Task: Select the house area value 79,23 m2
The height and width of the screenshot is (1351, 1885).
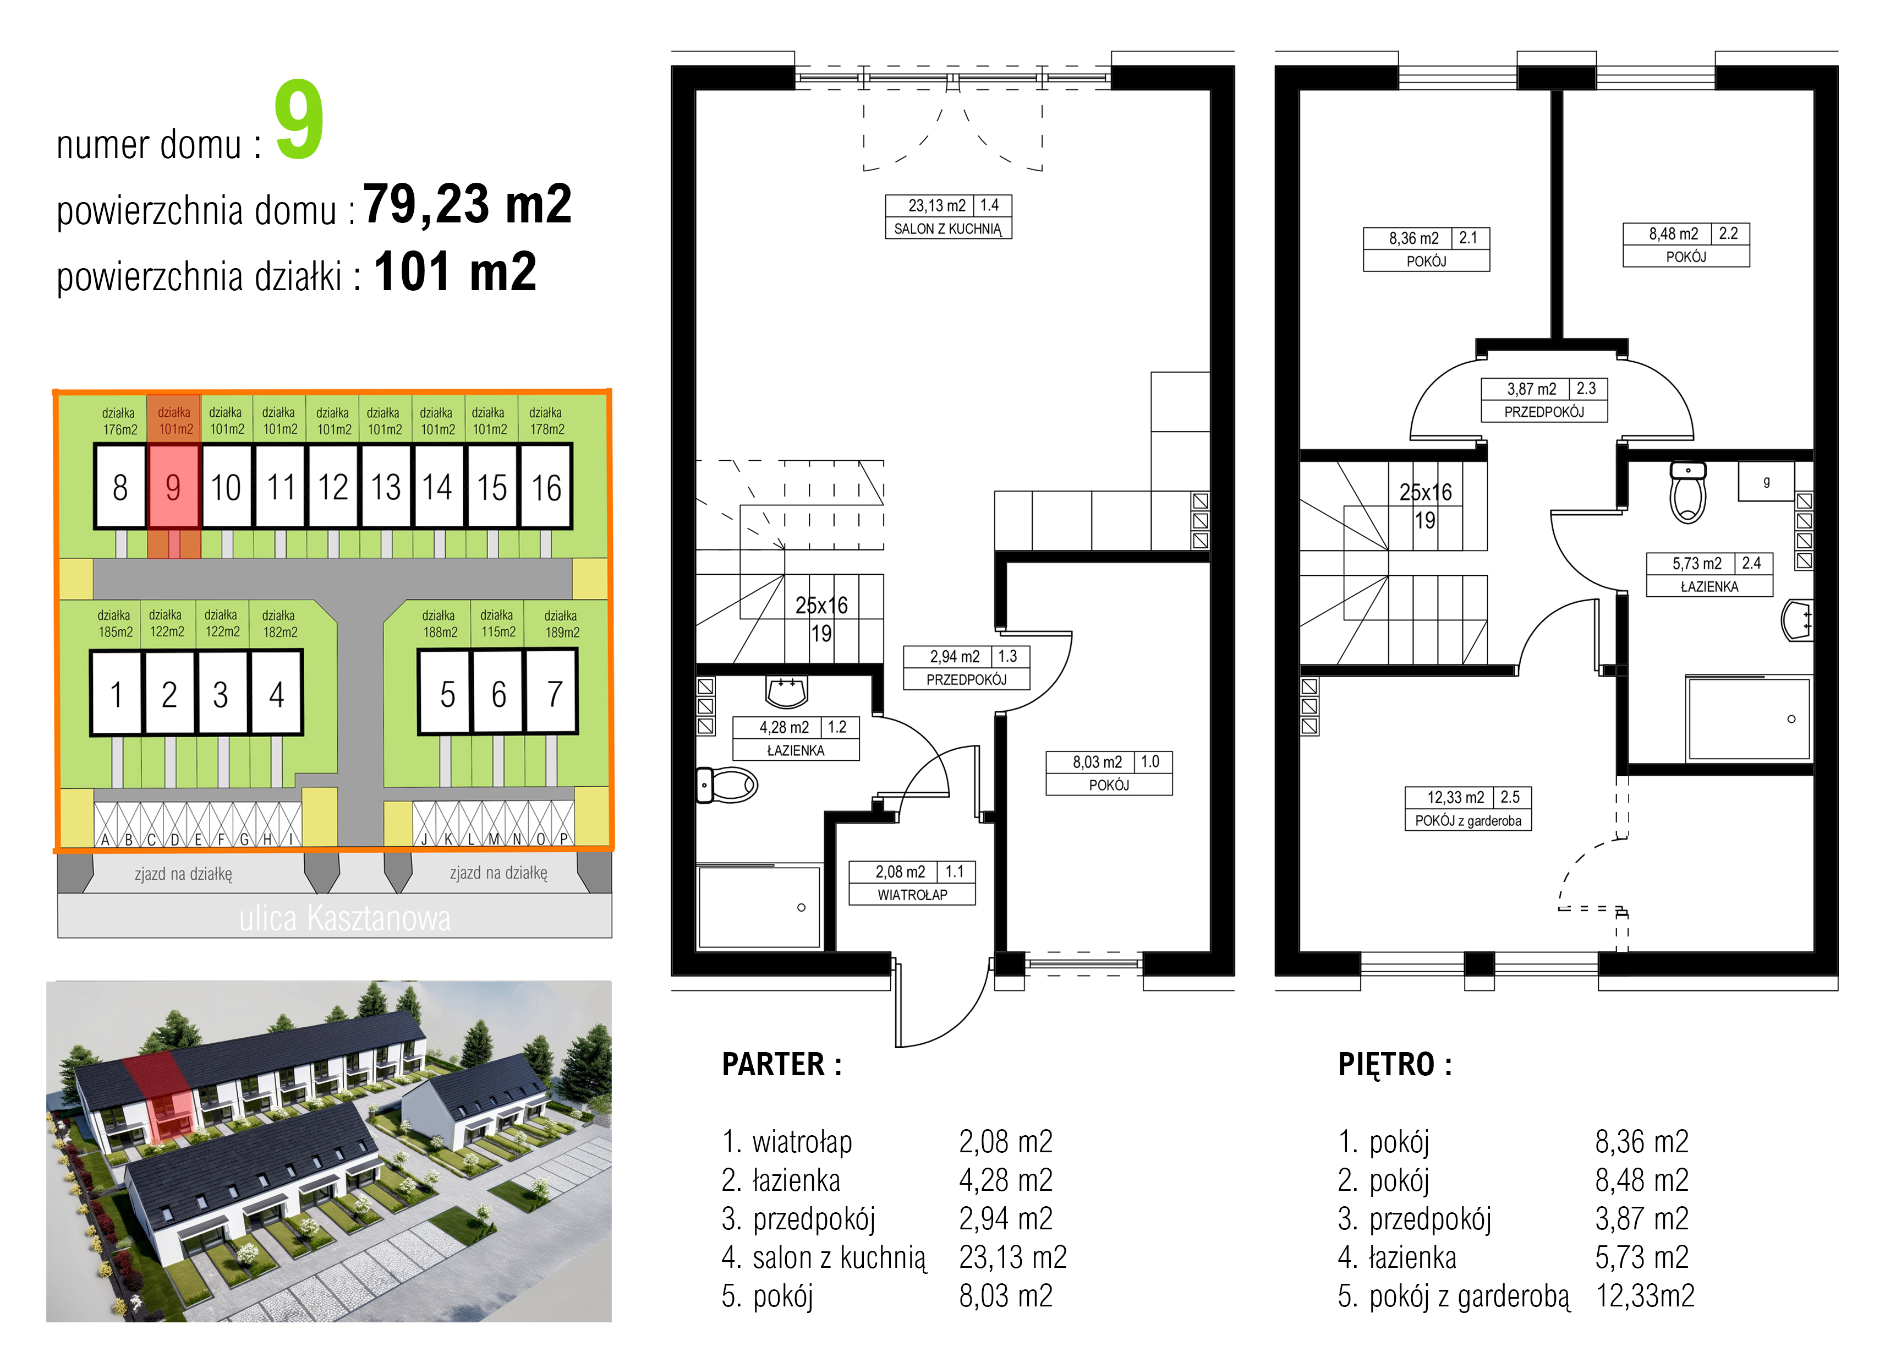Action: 468,204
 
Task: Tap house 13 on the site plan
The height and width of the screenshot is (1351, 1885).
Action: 386,487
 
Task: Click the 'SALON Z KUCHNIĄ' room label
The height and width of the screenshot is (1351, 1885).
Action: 949,228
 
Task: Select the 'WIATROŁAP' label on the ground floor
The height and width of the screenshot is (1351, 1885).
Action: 912,895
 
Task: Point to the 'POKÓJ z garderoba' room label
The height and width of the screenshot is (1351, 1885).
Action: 1468,821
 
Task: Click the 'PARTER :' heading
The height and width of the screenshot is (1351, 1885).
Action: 781,1064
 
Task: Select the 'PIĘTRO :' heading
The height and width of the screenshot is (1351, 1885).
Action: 1395,1064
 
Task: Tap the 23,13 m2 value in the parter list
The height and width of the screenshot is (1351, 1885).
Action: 1012,1257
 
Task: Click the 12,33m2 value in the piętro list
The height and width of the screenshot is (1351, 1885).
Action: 1645,1295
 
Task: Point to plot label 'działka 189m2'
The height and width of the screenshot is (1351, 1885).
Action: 561,624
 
